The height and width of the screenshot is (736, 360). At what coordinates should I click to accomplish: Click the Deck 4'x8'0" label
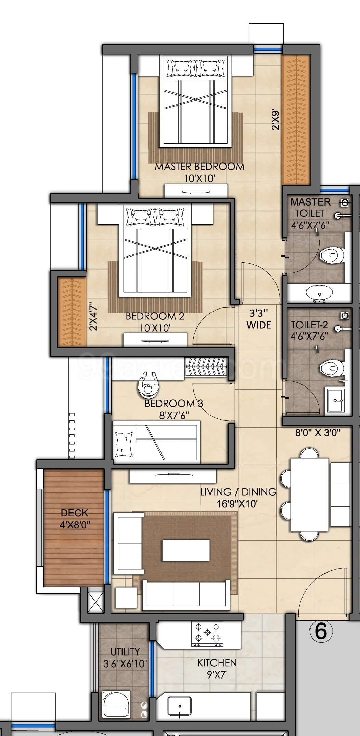[75, 518]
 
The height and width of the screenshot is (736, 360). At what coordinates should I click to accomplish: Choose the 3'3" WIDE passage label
[259, 319]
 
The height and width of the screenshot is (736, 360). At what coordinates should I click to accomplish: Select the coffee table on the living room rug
[186, 550]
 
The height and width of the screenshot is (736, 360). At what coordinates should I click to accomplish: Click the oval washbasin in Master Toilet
[319, 293]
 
